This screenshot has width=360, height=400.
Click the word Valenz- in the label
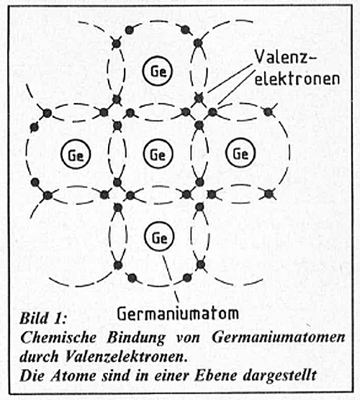pos(285,57)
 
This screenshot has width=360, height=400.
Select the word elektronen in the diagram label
pos(297,78)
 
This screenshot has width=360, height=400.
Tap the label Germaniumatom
pos(178,313)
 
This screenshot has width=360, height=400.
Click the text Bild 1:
pos(43,319)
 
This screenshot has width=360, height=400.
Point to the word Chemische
pos(58,337)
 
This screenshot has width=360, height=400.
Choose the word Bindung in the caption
pos(136,338)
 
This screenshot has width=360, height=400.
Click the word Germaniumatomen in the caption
pos(279,337)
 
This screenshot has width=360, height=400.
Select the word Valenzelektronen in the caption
pos(125,357)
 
